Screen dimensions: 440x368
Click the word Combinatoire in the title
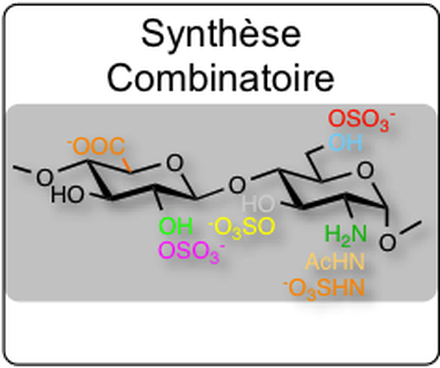(221, 77)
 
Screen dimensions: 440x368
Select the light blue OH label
(345, 142)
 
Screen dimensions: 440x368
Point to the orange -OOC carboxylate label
(96, 146)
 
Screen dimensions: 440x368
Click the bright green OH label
(176, 226)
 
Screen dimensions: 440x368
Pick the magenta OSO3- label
(192, 251)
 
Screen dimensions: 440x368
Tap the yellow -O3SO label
(241, 227)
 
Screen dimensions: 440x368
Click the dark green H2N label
(346, 235)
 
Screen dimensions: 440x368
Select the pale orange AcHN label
(335, 262)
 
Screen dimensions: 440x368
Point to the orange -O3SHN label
(324, 289)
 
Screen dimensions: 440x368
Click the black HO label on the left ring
(67, 195)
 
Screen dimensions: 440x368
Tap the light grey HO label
(258, 203)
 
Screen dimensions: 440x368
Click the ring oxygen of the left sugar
(174, 163)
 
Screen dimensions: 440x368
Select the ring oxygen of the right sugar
(366, 171)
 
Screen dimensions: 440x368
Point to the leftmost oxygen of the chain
(45, 178)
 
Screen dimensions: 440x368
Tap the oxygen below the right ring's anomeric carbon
(387, 243)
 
